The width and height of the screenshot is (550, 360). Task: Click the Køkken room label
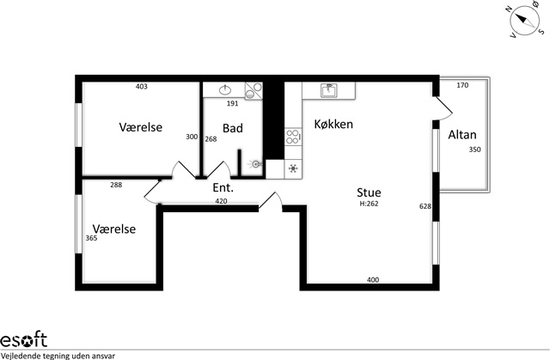(333, 124)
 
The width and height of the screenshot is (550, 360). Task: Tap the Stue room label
(369, 192)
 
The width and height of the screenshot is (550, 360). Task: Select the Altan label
(462, 135)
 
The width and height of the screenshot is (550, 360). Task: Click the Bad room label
(233, 128)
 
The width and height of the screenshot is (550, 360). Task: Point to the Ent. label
(223, 188)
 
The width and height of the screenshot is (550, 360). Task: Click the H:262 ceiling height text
(369, 204)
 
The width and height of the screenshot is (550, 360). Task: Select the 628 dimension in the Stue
(425, 206)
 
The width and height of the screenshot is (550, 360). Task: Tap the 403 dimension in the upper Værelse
(141, 87)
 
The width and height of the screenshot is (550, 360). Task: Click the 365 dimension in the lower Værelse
(91, 238)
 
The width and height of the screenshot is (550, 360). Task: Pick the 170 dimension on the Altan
(462, 85)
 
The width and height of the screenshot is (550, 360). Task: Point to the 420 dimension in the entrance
(221, 201)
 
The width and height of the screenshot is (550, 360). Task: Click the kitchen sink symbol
(328, 90)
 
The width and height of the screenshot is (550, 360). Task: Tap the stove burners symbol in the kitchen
(293, 137)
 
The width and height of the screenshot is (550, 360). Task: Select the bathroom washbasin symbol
(225, 89)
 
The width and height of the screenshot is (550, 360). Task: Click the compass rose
(525, 21)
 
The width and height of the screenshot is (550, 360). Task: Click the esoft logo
(23, 339)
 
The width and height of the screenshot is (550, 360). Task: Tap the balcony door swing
(443, 108)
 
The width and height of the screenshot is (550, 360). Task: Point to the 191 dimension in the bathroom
(232, 103)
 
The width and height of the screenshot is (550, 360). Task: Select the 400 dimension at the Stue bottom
(373, 280)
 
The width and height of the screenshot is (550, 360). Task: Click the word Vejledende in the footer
(21, 356)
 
